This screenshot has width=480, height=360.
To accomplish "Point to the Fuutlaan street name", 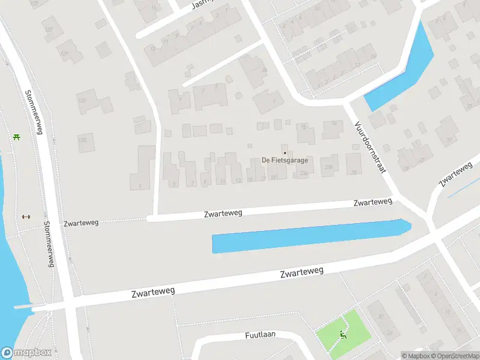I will tap(260, 334).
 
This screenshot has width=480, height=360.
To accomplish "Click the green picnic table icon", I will tap(16, 137).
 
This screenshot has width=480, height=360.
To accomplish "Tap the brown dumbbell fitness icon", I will tap(25, 217).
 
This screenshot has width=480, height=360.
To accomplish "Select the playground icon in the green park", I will tap(343, 334).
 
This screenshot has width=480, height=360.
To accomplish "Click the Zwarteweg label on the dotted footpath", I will tap(80, 222).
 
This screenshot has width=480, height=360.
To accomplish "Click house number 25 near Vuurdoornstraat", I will tap(354, 173).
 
